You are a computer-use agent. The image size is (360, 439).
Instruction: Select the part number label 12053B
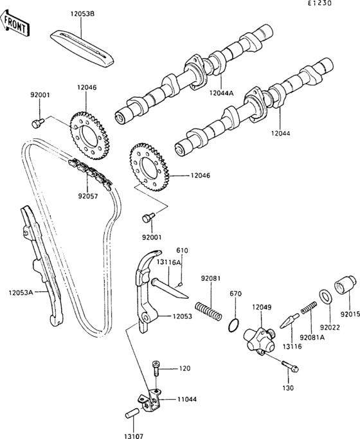[81, 13]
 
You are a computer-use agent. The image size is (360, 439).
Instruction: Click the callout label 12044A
[222, 94]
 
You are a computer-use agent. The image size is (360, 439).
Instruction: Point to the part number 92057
[89, 195]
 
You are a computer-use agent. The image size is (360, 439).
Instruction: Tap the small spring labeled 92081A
[309, 309]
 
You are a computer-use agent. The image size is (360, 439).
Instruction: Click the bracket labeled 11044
[150, 399]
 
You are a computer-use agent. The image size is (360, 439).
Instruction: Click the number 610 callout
[182, 250]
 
